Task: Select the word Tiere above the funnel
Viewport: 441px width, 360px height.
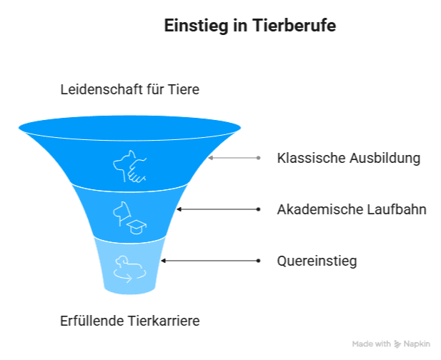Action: [182, 90]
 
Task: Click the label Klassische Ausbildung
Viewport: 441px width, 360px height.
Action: [348, 158]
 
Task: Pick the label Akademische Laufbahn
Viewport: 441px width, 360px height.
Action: [351, 210]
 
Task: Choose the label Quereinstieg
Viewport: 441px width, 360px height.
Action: [317, 261]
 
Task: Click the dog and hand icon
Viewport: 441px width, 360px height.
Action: [129, 166]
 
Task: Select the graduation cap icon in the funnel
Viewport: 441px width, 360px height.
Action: [135, 226]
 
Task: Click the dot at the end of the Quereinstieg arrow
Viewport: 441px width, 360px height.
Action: [258, 261]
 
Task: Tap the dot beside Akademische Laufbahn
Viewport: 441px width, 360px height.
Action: [258, 209]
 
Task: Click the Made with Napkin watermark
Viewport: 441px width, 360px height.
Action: [390, 344]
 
